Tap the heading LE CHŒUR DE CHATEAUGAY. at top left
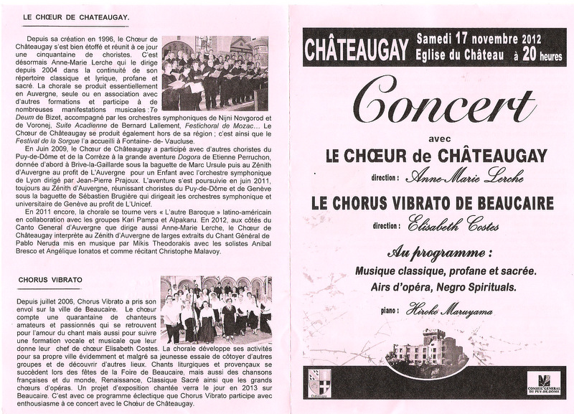(x=76, y=17)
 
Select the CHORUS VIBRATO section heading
(x=52, y=278)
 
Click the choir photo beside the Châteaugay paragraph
(x=215, y=73)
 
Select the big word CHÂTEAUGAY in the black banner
(x=357, y=50)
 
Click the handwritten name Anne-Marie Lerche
(x=464, y=177)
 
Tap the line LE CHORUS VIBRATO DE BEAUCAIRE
(x=433, y=203)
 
